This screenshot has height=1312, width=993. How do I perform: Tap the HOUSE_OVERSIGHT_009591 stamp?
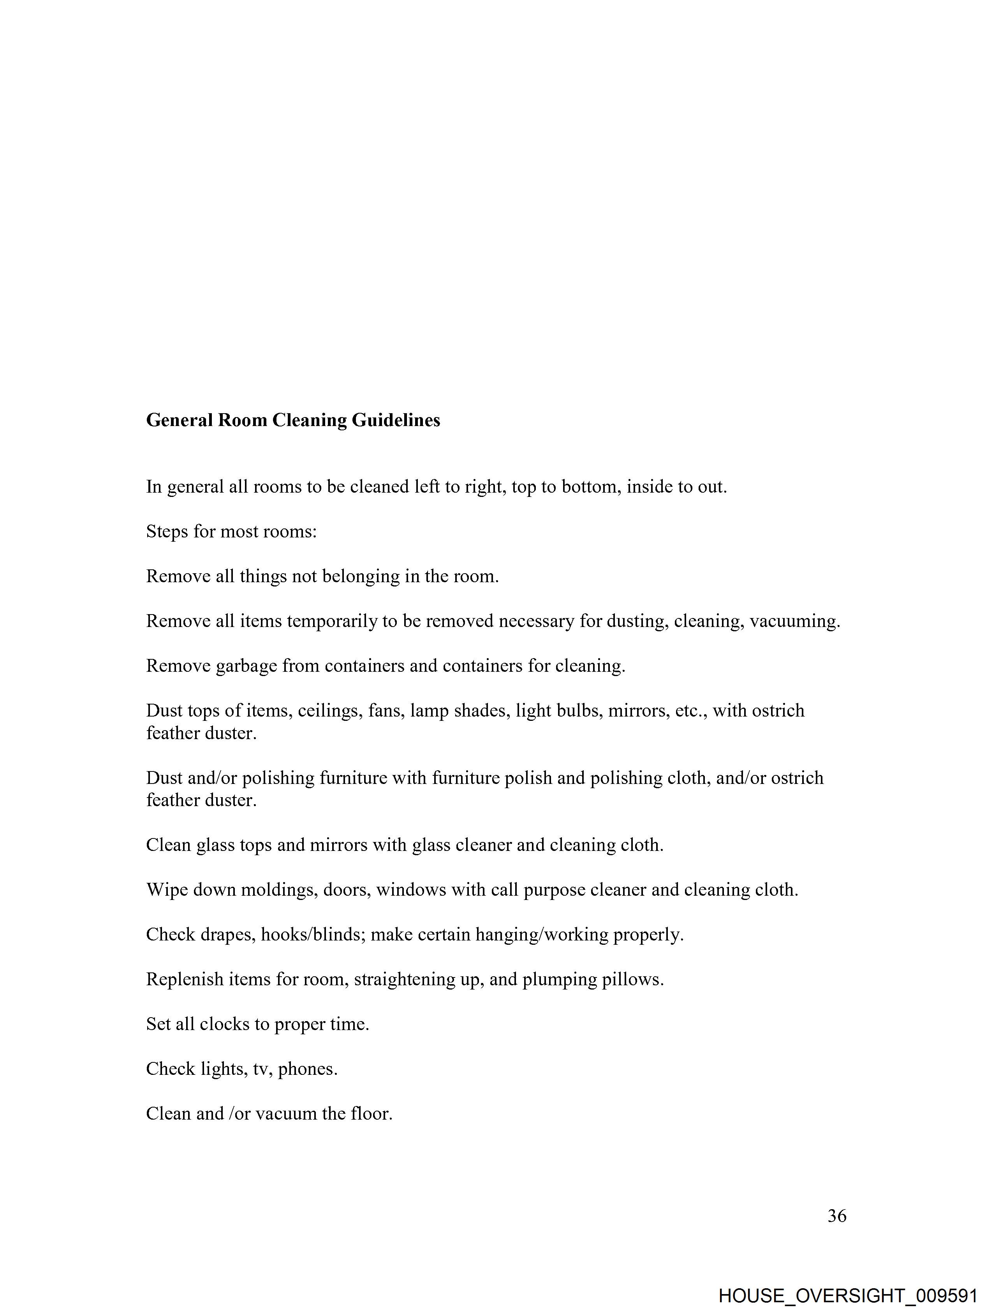[848, 1295]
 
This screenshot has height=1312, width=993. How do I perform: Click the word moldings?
[276, 890]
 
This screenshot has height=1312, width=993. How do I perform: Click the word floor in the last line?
[371, 1113]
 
